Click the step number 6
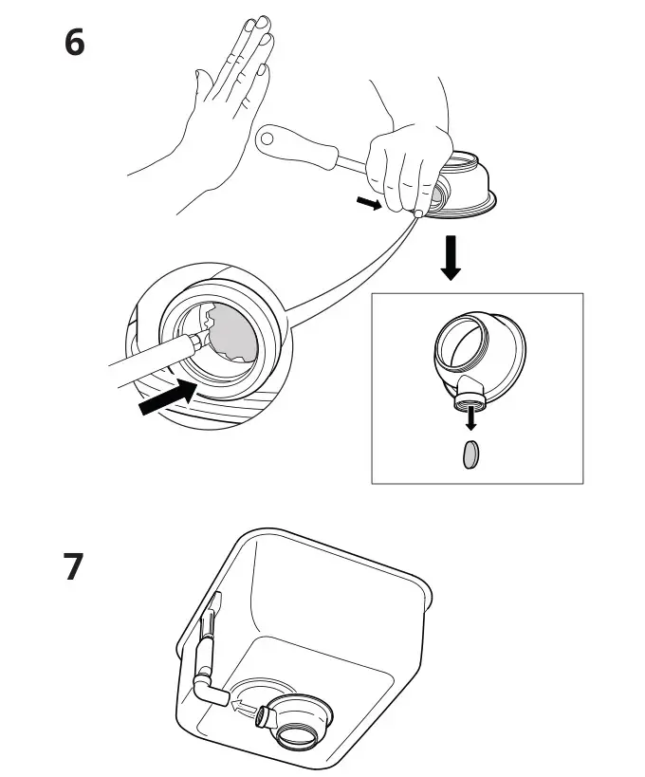pyautogui.click(x=75, y=44)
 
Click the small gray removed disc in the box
pyautogui.click(x=470, y=457)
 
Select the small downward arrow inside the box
pyautogui.click(x=470, y=419)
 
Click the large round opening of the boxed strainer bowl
pyautogui.click(x=463, y=342)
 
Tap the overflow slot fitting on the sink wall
pyautogui.click(x=211, y=618)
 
